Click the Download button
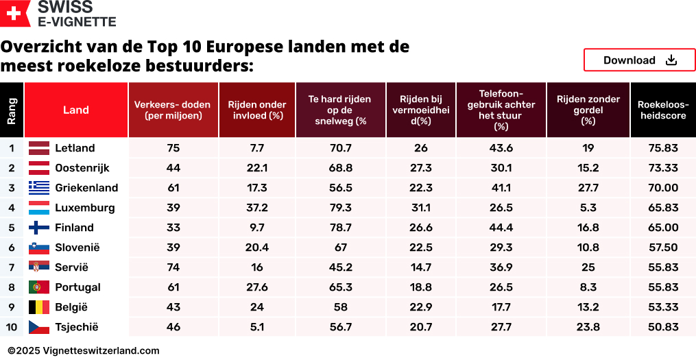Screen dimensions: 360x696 [x=639, y=60]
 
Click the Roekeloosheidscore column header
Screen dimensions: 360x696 [x=662, y=110]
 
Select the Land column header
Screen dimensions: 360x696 [x=76, y=110]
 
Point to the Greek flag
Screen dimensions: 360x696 [x=39, y=188]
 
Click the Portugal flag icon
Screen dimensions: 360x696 [x=39, y=287]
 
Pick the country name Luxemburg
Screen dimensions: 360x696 [x=84, y=208]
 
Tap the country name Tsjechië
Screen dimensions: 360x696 [x=77, y=327]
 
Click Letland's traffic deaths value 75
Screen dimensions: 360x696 [x=173, y=148]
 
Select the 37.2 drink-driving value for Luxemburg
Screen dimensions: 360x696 [x=257, y=208]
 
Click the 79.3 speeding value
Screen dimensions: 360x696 [x=340, y=208]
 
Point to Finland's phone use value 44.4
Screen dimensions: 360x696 [x=501, y=228]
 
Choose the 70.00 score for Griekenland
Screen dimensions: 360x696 [x=662, y=188]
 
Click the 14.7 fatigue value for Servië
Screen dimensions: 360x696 [x=420, y=267]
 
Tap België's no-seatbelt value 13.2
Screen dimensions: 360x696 [x=588, y=307]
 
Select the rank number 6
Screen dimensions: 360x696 [x=12, y=248]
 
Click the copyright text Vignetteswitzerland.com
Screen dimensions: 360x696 [x=84, y=350]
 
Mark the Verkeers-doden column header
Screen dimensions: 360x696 [x=173, y=110]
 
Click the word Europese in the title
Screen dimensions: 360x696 [x=243, y=47]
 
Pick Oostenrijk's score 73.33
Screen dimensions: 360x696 [x=662, y=168]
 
